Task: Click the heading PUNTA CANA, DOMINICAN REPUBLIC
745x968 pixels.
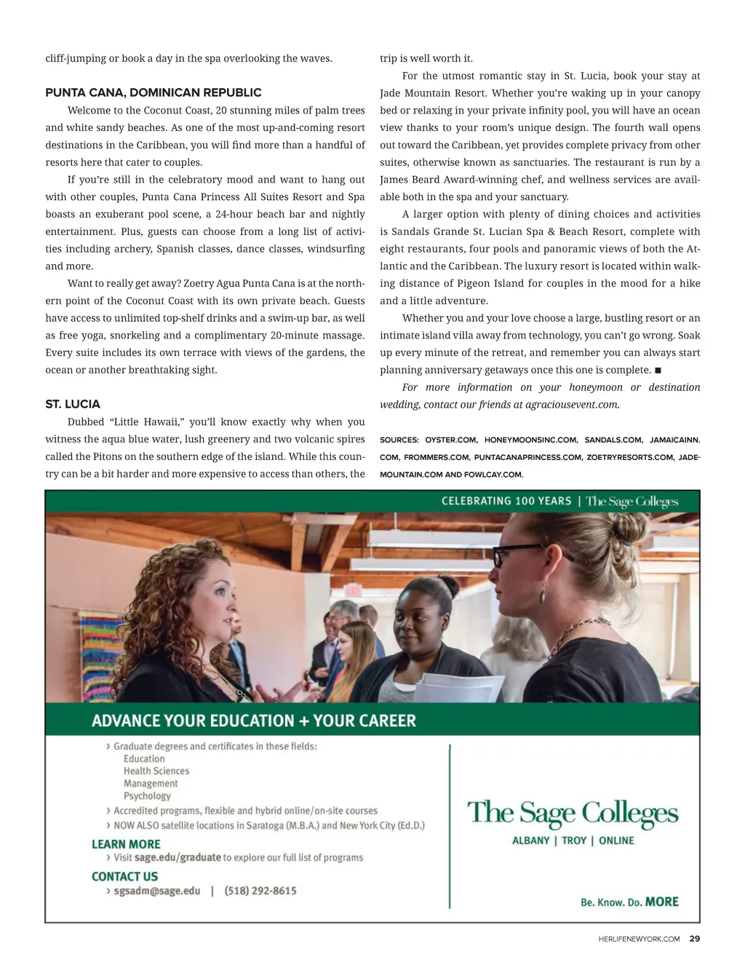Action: tap(154, 93)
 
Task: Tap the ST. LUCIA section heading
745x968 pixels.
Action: tap(73, 405)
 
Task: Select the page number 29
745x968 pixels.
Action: tap(695, 939)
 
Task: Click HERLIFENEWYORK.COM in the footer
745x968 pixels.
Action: tap(639, 939)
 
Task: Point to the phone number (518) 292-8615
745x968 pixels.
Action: tap(260, 891)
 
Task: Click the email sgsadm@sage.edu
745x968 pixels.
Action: tap(156, 891)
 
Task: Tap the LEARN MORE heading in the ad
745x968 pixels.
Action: tap(126, 844)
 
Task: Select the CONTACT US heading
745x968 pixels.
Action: tap(124, 877)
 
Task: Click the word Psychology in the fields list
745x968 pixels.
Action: tap(147, 796)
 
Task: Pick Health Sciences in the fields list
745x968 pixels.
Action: tap(156, 771)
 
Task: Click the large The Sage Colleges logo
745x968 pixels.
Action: tap(573, 814)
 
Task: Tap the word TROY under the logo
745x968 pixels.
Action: tap(574, 841)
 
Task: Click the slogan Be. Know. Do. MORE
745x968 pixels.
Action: tap(629, 902)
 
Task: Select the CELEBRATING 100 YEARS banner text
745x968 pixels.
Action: tap(506, 501)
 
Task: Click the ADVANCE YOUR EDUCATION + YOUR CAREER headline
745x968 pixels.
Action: tap(254, 721)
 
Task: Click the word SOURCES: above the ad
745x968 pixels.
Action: tap(399, 440)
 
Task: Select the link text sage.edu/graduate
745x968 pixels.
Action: tap(178, 857)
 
